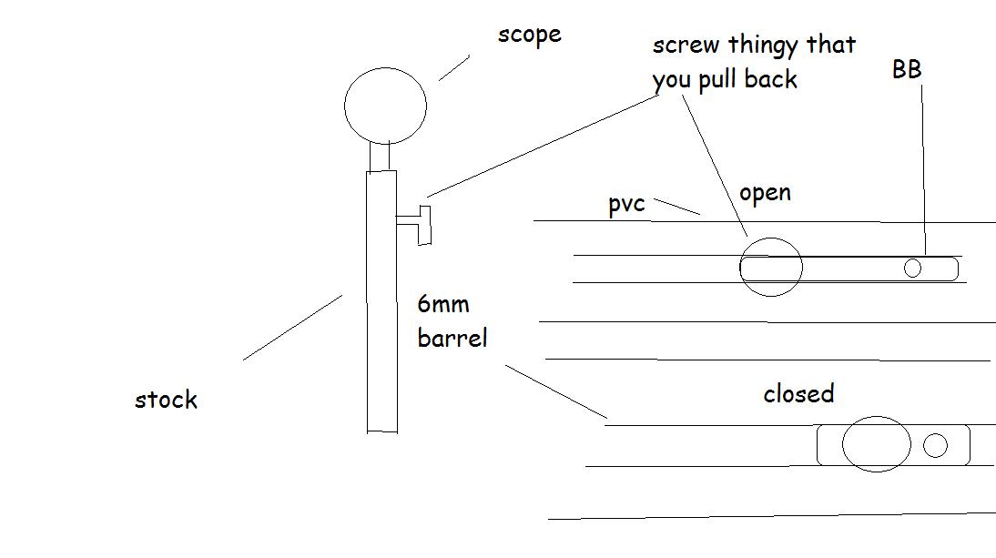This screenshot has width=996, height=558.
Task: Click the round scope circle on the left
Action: coord(385,106)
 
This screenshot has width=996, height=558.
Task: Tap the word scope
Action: coord(529,36)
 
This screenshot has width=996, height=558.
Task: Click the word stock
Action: coord(166,400)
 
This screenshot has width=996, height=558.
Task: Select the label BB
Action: coord(907,69)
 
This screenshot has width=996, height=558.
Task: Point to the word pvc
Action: coord(626,204)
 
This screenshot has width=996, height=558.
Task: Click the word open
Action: coord(765,193)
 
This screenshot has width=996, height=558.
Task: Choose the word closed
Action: coord(798,394)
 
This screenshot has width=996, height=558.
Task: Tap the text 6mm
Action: coord(442,303)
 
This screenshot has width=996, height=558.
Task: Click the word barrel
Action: coord(452,338)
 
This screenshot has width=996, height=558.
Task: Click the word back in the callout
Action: coord(770,79)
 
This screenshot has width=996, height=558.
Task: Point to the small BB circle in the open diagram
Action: coord(912,268)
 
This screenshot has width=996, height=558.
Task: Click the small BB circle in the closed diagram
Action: coord(935,445)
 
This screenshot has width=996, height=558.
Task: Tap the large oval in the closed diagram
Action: coord(876,444)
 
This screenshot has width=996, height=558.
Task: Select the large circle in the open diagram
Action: coord(770,267)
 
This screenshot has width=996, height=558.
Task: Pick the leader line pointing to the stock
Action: coord(292,327)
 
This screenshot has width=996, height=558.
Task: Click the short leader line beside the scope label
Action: coord(454,68)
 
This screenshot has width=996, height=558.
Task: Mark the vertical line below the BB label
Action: coord(923,168)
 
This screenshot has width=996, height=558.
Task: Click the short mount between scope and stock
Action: coord(381,155)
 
